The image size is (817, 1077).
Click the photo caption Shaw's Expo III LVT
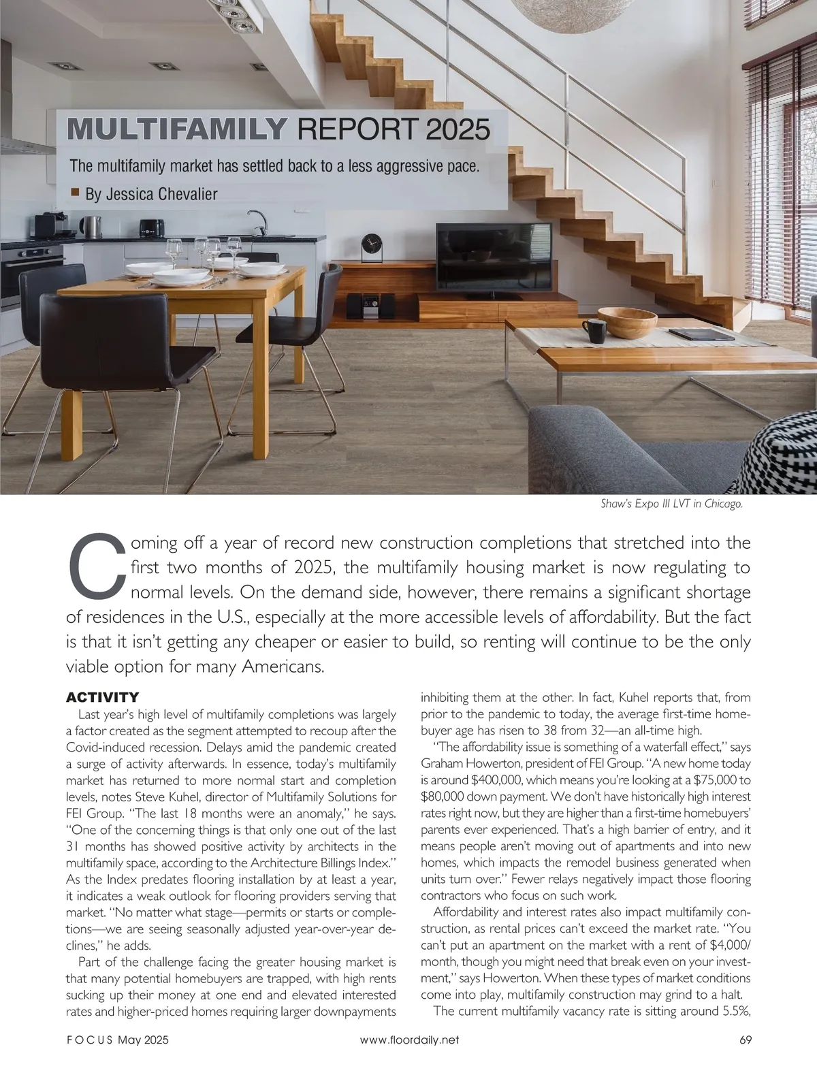pyautogui.click(x=671, y=504)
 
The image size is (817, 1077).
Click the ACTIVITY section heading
pyautogui.click(x=102, y=697)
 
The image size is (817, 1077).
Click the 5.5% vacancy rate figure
pyautogui.click(x=730, y=1011)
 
